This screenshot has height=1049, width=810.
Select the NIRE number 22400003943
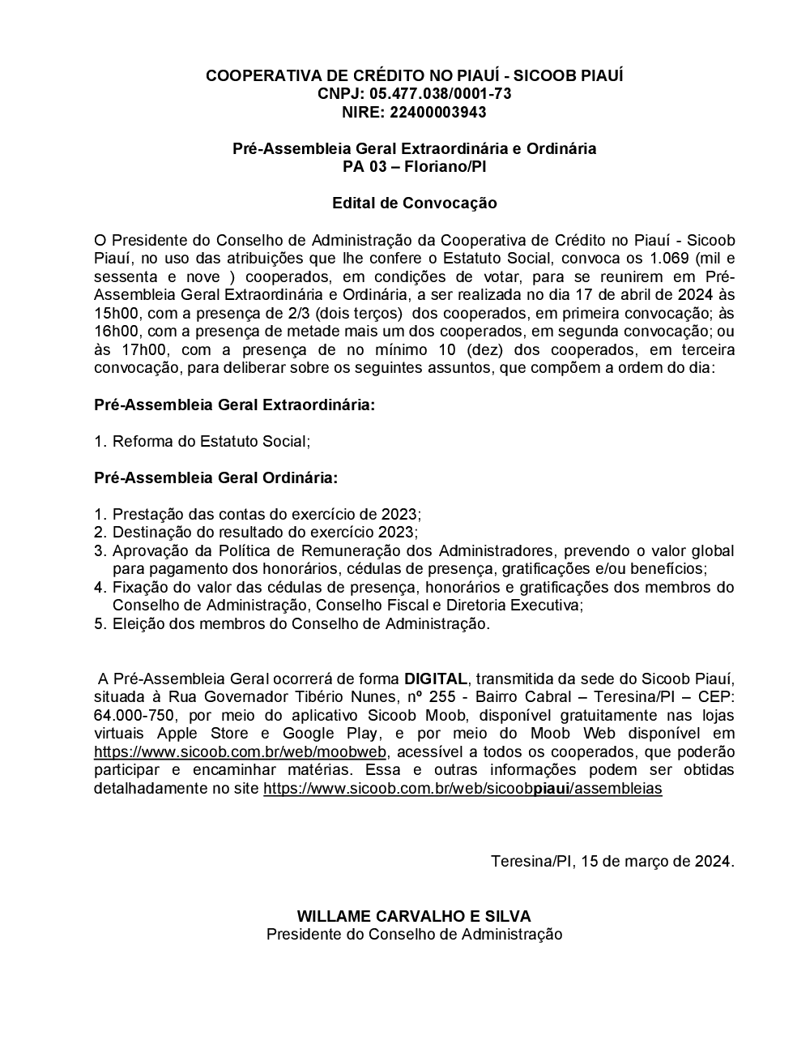(437, 112)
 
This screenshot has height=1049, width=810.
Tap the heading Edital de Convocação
(414, 203)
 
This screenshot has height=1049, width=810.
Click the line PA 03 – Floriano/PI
(414, 167)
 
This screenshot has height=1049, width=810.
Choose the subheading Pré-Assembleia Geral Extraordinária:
(235, 405)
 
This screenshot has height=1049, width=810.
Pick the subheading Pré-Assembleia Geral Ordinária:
(216, 477)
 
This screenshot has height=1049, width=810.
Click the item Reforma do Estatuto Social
(211, 441)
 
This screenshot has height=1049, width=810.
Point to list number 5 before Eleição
(100, 623)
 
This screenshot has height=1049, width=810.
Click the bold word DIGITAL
(436, 679)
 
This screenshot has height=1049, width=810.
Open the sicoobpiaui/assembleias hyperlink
(463, 788)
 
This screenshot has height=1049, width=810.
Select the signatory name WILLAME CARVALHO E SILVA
(414, 916)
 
